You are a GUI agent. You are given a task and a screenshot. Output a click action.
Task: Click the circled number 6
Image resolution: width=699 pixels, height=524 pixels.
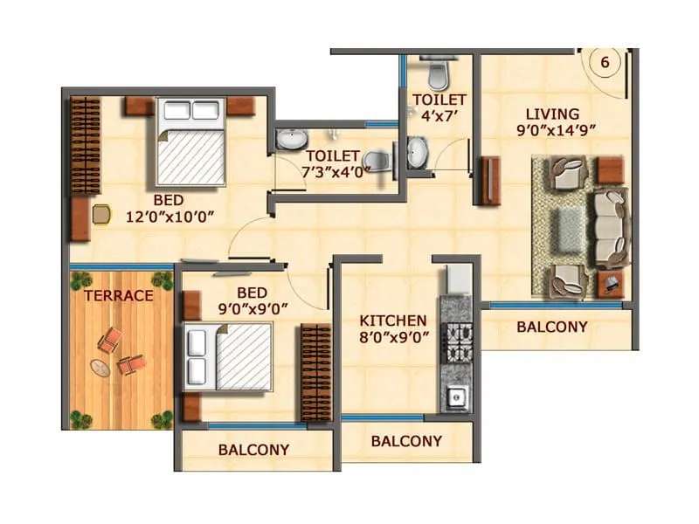pyautogui.click(x=604, y=62)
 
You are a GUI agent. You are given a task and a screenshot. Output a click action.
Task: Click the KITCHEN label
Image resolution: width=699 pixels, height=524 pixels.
pyautogui.click(x=393, y=321)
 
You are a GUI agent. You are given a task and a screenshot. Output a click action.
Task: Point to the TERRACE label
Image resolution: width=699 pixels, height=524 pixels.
pyautogui.click(x=119, y=296)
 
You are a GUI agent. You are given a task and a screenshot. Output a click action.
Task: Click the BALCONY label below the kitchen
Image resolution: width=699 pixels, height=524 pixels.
pyautogui.click(x=406, y=441)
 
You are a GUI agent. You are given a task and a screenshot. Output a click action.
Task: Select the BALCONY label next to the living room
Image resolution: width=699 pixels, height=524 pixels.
pyautogui.click(x=551, y=327)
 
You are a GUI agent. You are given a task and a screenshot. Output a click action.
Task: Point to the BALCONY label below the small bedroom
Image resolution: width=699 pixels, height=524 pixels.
pyautogui.click(x=253, y=450)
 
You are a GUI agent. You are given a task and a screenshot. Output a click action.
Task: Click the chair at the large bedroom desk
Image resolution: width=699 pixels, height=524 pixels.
pyautogui.click(x=102, y=212)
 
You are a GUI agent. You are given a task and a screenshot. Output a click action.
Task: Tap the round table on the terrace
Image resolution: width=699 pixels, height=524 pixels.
pyautogui.click(x=103, y=368)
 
